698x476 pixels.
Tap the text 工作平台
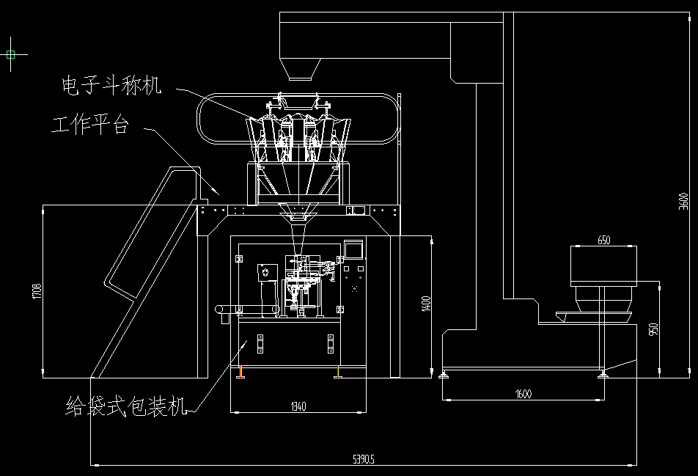coord(89,125)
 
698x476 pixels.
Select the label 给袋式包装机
coord(126,406)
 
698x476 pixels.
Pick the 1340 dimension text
coord(298,406)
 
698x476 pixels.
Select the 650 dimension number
coord(603,240)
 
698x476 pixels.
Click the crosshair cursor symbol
coord(12,54)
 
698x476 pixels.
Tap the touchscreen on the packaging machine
coord(353,249)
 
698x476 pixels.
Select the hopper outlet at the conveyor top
coord(300,70)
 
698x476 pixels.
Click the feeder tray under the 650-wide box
coord(594,317)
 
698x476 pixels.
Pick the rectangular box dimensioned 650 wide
coord(604,266)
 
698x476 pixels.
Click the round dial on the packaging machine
coord(263,273)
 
